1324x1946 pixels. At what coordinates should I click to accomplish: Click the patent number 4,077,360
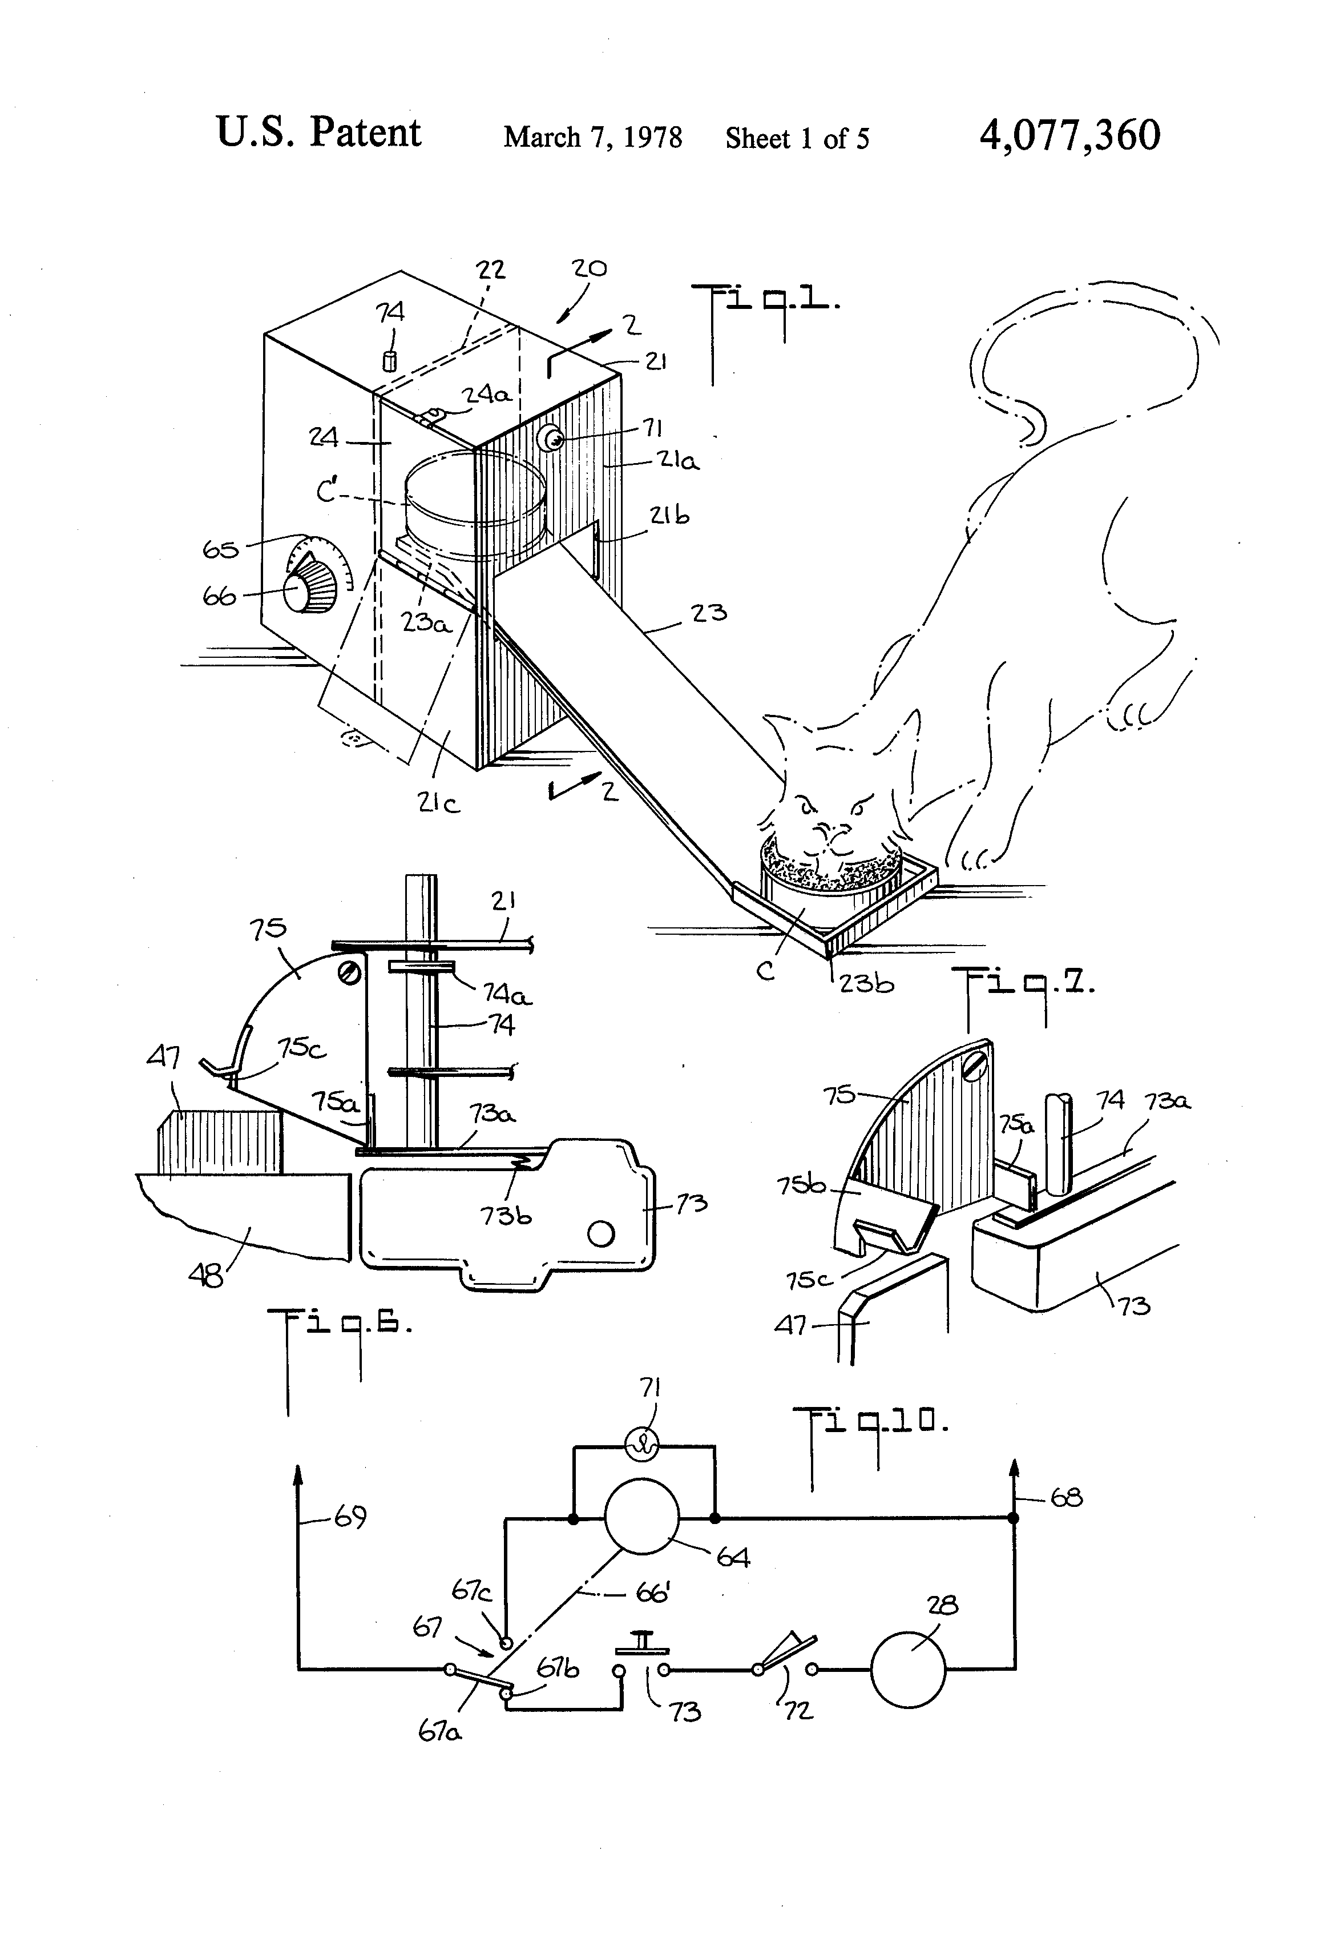(x=1069, y=136)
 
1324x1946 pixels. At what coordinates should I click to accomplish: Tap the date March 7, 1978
(x=592, y=137)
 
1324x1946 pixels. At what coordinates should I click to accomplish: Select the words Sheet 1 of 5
(x=797, y=138)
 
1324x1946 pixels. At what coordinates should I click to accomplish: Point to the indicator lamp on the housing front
(x=551, y=437)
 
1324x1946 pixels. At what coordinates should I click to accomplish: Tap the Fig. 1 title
(x=763, y=305)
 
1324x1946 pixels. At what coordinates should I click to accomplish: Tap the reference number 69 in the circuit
(x=350, y=1515)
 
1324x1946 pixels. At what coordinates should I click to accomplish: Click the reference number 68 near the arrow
(x=1066, y=1497)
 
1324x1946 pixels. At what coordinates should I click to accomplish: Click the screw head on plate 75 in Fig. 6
(x=350, y=972)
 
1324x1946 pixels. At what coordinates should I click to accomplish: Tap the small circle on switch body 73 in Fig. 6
(x=601, y=1233)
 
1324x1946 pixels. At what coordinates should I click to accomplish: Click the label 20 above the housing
(x=589, y=268)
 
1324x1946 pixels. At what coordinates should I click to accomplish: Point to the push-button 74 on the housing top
(x=388, y=361)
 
